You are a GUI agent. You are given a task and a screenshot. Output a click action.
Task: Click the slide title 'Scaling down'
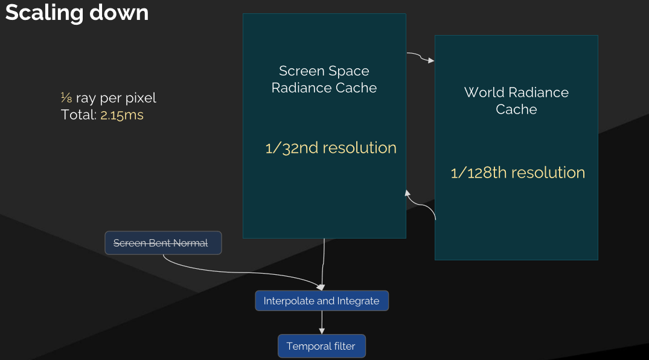coord(77,13)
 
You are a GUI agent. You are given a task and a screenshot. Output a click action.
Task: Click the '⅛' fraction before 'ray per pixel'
coord(66,98)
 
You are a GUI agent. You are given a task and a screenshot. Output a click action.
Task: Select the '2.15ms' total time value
coord(122,115)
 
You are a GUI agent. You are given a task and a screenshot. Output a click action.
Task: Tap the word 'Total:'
coord(78,115)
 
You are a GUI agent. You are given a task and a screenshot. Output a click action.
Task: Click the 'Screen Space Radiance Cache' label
coord(324,79)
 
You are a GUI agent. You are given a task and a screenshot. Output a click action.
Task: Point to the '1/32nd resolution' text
coord(331,148)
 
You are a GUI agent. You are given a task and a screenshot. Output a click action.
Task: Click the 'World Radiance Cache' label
coord(516,101)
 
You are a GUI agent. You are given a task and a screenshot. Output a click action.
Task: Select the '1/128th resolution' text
coord(518,173)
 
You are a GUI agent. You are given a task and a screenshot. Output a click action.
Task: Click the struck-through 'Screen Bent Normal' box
coord(163,243)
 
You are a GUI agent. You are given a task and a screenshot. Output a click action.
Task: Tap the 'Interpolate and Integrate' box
coord(322,301)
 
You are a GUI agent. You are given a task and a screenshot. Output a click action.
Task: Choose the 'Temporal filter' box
coord(322,346)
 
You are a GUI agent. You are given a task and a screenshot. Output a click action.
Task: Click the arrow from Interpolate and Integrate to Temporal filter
coord(322,323)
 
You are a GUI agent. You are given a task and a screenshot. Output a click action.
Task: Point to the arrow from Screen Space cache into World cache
coord(421,57)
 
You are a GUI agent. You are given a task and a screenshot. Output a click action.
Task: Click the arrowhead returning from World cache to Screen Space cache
coord(408,193)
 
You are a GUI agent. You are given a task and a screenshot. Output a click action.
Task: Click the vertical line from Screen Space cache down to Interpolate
coord(323,265)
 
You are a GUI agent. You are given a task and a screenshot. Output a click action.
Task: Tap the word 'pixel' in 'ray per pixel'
coord(141,98)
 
